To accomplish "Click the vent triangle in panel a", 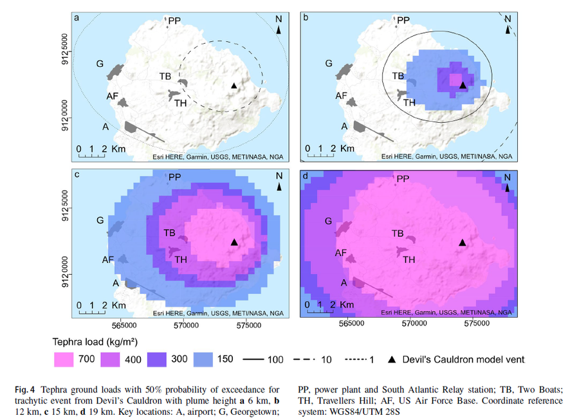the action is tap(234, 86).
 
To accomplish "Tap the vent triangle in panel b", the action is tap(463, 85).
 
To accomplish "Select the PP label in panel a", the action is tap(174, 21).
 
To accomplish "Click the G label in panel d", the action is tap(328, 221).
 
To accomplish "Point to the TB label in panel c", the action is tap(169, 233).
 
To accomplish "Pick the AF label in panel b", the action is tap(341, 96).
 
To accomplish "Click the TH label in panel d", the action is tap(409, 260).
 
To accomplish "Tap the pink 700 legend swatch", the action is tap(64, 360).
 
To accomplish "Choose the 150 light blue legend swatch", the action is tap(203, 360).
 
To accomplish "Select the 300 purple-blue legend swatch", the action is tap(157, 360).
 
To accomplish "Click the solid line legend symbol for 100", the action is tap(253, 360).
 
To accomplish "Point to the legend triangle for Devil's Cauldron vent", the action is tap(392, 360).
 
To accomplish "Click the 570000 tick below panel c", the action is tap(186, 325).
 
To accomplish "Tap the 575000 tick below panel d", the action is tap(477, 324).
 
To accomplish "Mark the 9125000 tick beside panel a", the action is tap(64, 50).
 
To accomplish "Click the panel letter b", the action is tap(306, 17).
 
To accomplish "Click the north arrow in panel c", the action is tap(279, 187).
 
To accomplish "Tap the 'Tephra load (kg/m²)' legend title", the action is tap(95, 342).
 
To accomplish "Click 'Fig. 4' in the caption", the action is tap(24, 390).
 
